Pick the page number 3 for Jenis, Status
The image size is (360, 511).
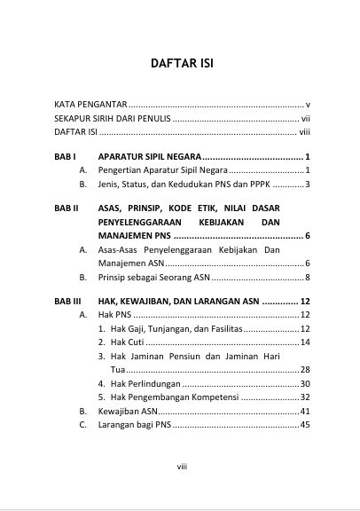(x=306, y=185)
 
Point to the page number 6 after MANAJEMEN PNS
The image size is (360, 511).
(x=306, y=236)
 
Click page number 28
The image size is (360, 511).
(x=304, y=369)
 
